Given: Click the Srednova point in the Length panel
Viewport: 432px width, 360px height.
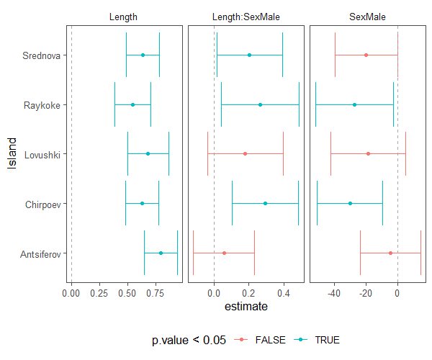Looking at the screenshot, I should (x=143, y=55).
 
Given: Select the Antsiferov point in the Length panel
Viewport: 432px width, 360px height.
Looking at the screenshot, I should (x=161, y=253).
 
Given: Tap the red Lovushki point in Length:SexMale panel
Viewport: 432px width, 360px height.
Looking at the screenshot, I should (x=245, y=153).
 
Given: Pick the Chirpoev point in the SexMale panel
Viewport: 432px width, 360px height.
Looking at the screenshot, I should (x=350, y=203).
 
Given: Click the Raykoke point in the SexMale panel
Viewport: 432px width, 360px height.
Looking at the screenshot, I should (x=354, y=104).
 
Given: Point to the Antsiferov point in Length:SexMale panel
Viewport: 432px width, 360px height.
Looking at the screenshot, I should (x=224, y=253).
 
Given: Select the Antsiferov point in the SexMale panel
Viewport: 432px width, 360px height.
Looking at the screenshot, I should (x=390, y=253).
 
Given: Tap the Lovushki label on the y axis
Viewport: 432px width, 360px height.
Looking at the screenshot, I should (x=44, y=154).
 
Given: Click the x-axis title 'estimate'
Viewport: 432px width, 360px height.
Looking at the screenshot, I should (x=246, y=307).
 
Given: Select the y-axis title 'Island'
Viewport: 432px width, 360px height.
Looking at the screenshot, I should (x=12, y=154).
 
